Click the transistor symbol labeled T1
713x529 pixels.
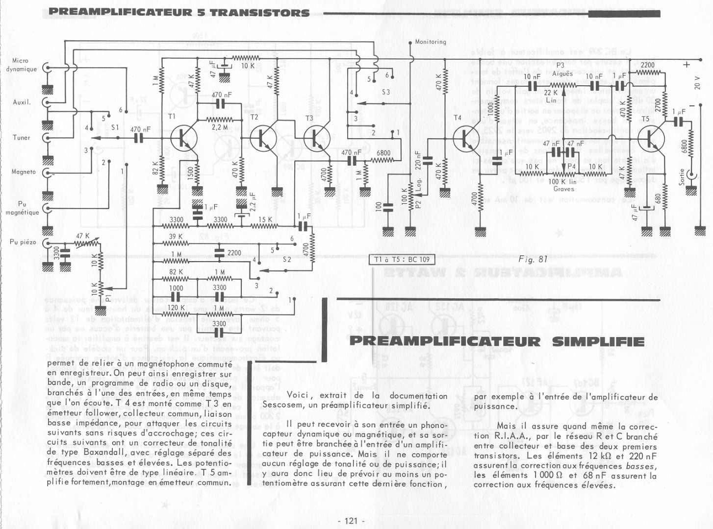click(x=184, y=138)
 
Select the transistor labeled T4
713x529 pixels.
click(x=464, y=138)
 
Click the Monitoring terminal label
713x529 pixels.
click(x=430, y=42)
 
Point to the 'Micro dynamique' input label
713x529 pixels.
click(x=21, y=65)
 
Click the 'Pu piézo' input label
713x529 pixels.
click(x=23, y=242)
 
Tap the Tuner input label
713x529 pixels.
click(x=21, y=138)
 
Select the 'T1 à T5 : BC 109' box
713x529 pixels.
click(x=402, y=260)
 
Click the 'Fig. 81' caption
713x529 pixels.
click(x=533, y=260)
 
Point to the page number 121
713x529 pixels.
click(x=351, y=521)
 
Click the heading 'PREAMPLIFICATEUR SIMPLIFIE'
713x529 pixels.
click(x=497, y=341)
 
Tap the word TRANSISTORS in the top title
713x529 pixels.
click(x=260, y=12)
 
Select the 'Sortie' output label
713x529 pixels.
click(x=682, y=176)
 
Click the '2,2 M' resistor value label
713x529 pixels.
click(x=219, y=127)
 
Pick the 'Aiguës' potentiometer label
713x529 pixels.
click(x=562, y=73)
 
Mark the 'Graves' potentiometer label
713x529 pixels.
click(x=563, y=189)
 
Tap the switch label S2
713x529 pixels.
click(x=287, y=260)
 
